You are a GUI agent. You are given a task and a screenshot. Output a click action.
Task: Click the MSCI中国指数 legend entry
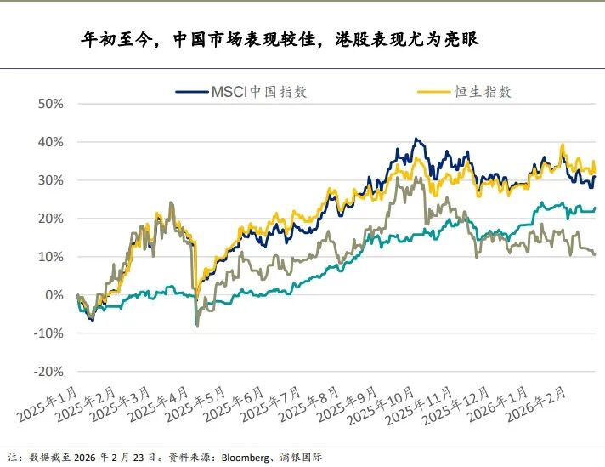click(258, 93)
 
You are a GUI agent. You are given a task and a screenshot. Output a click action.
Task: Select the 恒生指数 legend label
click(482, 93)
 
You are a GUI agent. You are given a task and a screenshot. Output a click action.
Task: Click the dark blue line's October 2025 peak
click(416, 139)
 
